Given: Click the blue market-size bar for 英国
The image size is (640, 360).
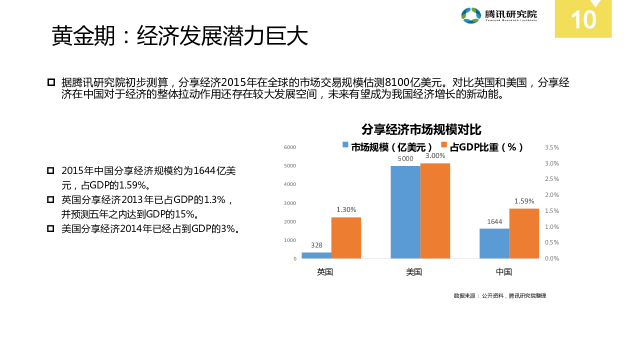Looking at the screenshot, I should coord(316,255).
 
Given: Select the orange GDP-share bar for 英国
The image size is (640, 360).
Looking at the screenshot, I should coord(346,238).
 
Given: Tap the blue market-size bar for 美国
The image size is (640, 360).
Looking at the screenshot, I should coord(405,212).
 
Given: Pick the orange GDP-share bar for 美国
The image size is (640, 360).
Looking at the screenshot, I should coord(435,211).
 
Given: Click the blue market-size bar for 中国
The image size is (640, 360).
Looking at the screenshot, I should coord(494,243).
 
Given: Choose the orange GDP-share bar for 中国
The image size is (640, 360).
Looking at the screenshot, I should coord(524,233).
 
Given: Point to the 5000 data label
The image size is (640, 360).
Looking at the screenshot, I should coord(405,159).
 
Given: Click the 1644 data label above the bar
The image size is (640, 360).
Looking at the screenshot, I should coord(494,222).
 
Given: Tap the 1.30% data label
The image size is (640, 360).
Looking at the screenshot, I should coord(346,210).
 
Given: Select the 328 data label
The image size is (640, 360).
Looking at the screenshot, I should coord(316,245).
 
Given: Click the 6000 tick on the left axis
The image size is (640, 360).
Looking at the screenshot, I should coord(290,147).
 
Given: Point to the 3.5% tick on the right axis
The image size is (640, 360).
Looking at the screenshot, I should coord(551,147).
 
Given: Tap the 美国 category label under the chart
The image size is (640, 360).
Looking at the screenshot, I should coord(414,272).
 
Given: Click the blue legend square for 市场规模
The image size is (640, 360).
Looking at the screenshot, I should coord(345,145).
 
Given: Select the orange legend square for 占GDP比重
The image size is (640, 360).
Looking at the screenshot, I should coord(444,145).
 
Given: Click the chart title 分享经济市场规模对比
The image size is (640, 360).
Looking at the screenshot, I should coord(421,130).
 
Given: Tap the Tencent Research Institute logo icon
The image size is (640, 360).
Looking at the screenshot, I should coord(471,15).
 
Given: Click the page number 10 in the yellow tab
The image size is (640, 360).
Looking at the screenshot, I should coord(583,20).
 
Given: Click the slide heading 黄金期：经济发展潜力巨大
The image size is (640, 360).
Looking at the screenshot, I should coord(179,36).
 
